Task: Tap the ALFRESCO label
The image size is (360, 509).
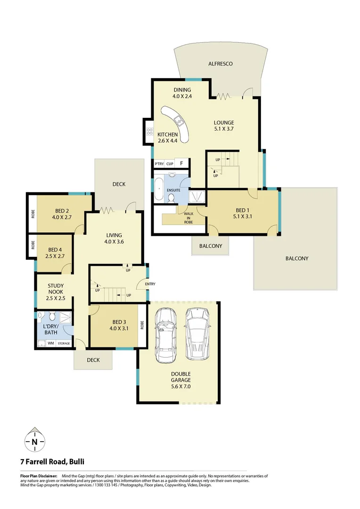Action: pos(221,64)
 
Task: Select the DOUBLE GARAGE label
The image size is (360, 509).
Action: pos(180,379)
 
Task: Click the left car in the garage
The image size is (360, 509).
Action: pos(164,335)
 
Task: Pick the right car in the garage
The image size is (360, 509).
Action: pos(196,334)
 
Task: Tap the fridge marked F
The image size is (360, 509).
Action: pos(181,164)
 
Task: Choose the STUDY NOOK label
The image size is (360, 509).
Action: pos(56,289)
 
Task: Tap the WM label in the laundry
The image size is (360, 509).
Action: pos(50,344)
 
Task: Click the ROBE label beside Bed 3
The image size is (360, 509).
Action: pos(142,325)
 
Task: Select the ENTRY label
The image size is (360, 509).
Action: pos(150,284)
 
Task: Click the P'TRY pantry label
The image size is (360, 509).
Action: pos(159,164)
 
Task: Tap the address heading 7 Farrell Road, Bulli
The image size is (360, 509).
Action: pos(52,462)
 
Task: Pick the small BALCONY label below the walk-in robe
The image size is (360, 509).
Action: pos(210,246)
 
